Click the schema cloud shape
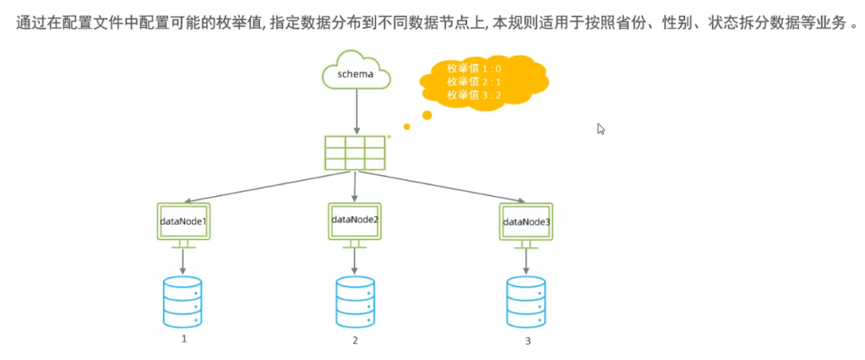pyautogui.click(x=356, y=74)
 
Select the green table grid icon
pyautogui.click(x=355, y=154)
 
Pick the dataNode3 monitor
pyautogui.click(x=526, y=221)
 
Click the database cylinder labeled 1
pyautogui.click(x=183, y=301)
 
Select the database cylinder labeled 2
pyautogui.click(x=355, y=301)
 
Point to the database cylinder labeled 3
pyautogui.click(x=526, y=301)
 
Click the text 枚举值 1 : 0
pyautogui.click(x=474, y=68)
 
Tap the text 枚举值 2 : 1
pyautogui.click(x=474, y=82)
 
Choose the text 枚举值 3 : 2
pyautogui.click(x=474, y=95)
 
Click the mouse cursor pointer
pyautogui.click(x=601, y=128)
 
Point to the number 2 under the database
pyautogui.click(x=355, y=341)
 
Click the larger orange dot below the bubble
pyautogui.click(x=427, y=115)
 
